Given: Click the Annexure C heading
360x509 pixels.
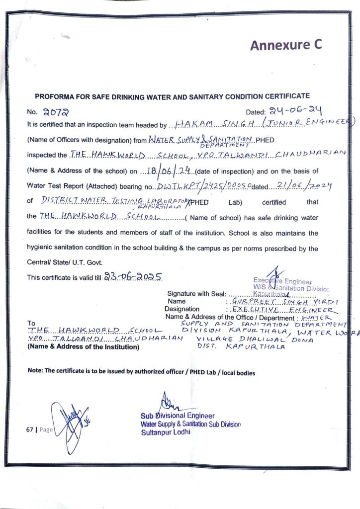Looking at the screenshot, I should [x=286, y=45].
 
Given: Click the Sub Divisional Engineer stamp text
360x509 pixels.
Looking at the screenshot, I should [x=178, y=415].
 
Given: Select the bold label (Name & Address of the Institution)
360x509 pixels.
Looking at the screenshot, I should [x=84, y=347].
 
